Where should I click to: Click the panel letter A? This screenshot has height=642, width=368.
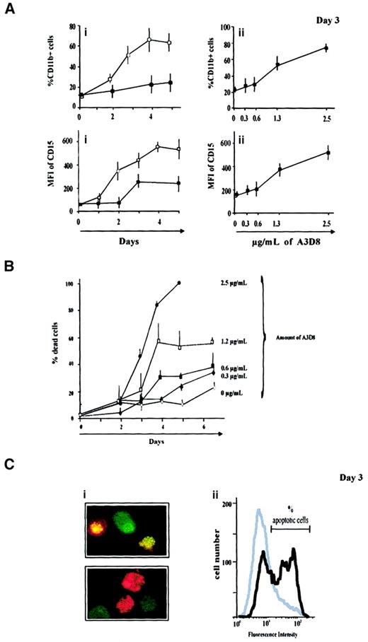tap(8, 11)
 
